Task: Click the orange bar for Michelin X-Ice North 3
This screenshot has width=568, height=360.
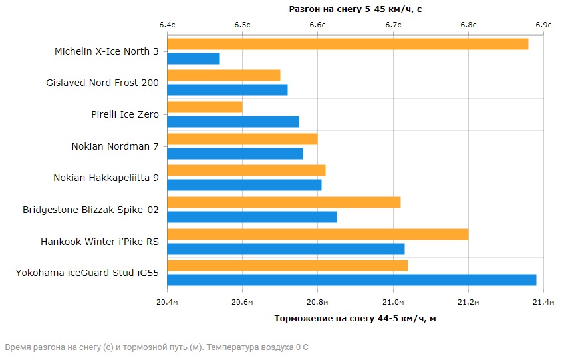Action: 347,44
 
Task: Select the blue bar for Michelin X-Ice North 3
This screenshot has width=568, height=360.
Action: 194,59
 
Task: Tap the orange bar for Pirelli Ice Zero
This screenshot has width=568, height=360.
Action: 205,107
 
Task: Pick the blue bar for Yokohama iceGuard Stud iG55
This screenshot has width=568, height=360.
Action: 351,280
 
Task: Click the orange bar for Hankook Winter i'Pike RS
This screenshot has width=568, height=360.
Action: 318,234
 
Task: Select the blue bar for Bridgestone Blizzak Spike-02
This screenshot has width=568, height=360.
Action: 252,217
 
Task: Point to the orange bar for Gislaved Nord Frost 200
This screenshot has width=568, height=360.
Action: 223,75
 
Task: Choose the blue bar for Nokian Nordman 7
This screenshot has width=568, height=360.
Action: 235,154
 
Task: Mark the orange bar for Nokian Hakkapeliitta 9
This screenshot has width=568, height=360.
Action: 246,170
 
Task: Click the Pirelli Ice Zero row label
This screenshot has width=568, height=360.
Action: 125,114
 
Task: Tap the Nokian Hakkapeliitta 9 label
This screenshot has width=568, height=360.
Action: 106,178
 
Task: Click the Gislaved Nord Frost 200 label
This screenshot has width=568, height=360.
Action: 102,83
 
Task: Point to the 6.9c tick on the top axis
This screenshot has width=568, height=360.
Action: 543,25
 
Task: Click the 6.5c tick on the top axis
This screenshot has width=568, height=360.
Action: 242,25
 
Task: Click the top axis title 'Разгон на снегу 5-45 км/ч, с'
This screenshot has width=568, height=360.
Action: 355,9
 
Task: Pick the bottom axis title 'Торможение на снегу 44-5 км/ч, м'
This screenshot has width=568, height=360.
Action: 355,318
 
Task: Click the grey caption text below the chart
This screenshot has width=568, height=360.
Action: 157,347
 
